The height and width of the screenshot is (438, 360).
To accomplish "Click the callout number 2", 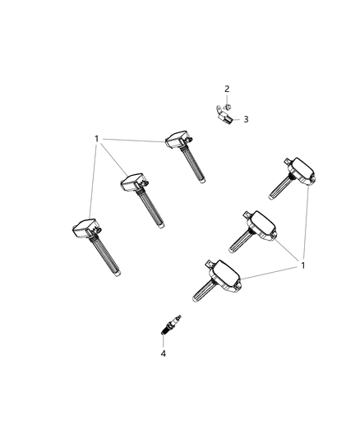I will tap(227, 89).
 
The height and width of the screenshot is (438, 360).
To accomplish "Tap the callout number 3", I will tap(245, 119).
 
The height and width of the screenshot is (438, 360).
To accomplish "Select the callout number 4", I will tap(163, 353).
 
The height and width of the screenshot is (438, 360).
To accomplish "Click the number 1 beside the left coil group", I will tap(97, 139).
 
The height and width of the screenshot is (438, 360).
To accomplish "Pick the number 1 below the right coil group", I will tap(304, 265).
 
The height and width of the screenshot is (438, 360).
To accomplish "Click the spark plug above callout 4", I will tap(172, 324).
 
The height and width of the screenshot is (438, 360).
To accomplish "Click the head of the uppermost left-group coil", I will tap(178, 138).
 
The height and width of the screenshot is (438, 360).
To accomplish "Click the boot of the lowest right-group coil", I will tap(203, 290).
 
